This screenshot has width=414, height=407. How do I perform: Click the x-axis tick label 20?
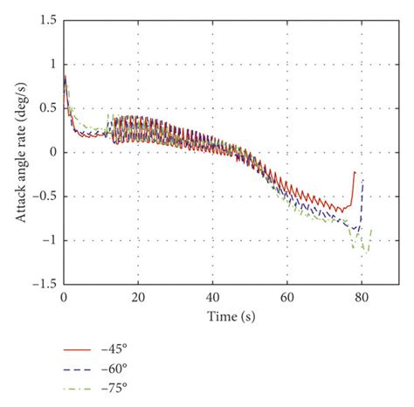click(x=137, y=297)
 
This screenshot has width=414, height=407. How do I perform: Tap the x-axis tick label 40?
click(x=212, y=297)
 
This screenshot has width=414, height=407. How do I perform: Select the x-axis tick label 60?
click(x=287, y=297)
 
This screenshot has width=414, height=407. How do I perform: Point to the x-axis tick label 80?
click(x=362, y=297)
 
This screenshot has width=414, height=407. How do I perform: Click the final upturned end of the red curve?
click(x=355, y=173)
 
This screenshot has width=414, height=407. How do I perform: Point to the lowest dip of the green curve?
click(x=366, y=252)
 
